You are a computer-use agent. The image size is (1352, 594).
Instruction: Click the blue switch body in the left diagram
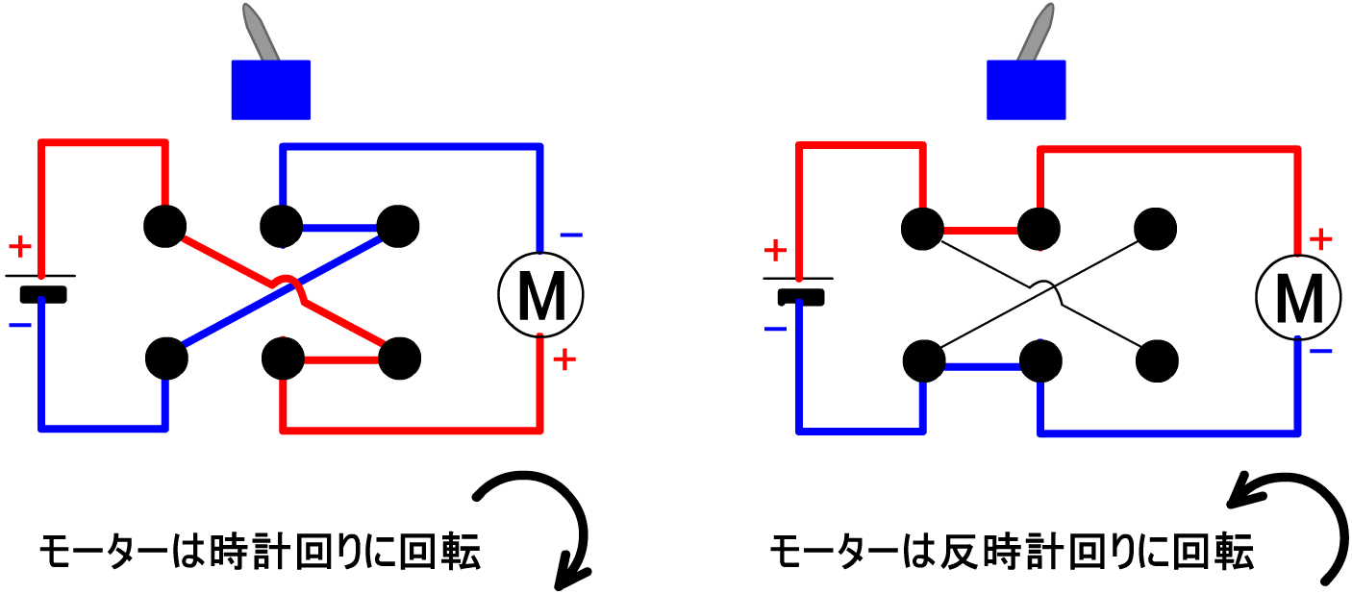click(270, 90)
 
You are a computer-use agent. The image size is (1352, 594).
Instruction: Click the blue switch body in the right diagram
click(1026, 90)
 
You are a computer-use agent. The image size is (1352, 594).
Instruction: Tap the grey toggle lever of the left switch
click(259, 31)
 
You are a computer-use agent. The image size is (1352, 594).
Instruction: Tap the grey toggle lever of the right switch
click(1037, 31)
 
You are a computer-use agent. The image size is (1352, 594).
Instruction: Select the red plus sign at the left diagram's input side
click(20, 246)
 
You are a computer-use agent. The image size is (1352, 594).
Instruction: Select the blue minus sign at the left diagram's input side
click(20, 326)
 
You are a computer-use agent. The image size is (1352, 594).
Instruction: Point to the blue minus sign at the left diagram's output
click(570, 235)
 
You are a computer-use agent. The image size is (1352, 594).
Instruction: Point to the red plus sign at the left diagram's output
click(564, 359)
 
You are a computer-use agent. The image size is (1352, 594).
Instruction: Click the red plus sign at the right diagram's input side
click(775, 251)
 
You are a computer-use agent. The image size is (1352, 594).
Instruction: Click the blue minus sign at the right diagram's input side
click(775, 330)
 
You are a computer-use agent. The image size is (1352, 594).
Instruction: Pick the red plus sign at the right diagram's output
click(1320, 239)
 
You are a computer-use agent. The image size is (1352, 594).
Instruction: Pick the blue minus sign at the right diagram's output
click(1320, 352)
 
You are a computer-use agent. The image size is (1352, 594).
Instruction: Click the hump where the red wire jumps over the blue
click(286, 281)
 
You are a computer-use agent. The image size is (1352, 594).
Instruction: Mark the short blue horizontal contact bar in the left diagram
click(339, 229)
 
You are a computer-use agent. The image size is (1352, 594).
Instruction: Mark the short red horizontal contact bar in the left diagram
click(341, 359)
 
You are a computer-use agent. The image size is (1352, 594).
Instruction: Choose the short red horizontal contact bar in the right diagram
click(980, 231)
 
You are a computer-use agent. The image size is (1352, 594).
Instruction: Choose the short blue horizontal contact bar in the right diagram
click(983, 366)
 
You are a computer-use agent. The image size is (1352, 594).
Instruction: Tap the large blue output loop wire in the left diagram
click(412, 147)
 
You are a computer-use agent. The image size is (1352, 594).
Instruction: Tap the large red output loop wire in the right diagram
click(1169, 150)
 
